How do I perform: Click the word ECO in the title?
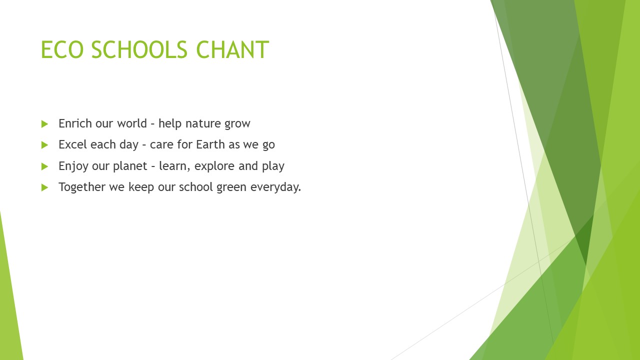tap(62, 49)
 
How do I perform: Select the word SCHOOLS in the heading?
tap(139, 49)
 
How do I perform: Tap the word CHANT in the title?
tap(232, 49)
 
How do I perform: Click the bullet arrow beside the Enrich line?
tap(44, 124)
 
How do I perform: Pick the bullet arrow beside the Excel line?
tap(44, 145)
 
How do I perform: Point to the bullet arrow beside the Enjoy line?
tap(44, 166)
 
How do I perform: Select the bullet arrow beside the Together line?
tap(44, 187)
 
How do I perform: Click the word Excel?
tap(72, 144)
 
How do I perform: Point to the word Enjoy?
tap(73, 166)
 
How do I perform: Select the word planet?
tap(130, 166)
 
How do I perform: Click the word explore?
tap(214, 166)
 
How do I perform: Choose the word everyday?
tap(275, 187)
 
